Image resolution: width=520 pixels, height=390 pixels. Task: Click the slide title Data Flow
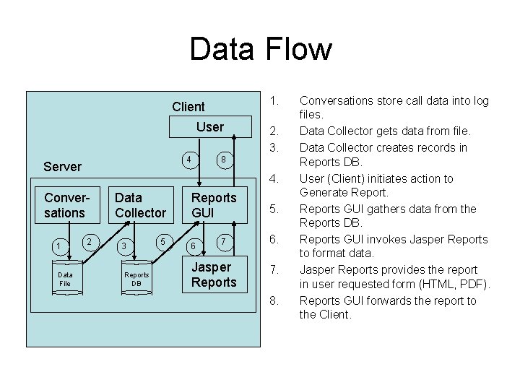pos(260,49)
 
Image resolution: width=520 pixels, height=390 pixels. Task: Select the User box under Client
pos(209,127)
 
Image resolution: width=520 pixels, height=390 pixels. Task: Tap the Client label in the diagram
pos(188,106)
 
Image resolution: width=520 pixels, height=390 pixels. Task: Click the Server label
pos(62,166)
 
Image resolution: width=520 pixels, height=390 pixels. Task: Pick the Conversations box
pos(64,204)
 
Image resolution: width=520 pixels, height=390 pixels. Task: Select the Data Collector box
pos(140,204)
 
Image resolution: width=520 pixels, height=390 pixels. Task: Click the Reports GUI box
pos(214,204)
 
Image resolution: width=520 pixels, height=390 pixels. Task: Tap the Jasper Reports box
pos(214,274)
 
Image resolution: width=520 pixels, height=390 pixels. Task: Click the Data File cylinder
pos(65,279)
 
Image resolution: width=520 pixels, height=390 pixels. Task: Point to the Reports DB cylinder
pos(136,279)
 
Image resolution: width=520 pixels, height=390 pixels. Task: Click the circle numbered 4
pos(188,159)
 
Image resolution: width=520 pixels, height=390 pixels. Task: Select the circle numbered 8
pos(225,159)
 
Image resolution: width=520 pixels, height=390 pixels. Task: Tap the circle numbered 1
pos(58,247)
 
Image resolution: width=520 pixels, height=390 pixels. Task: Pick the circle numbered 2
pos(88,240)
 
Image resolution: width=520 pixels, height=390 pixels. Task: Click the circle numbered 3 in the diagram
pos(125,247)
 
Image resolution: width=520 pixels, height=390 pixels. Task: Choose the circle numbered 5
pos(163,240)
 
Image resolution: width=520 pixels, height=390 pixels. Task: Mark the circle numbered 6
pos(193,247)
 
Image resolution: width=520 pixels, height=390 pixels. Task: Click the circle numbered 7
pos(225,240)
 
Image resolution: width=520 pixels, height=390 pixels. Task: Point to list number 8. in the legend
pos(274,300)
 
